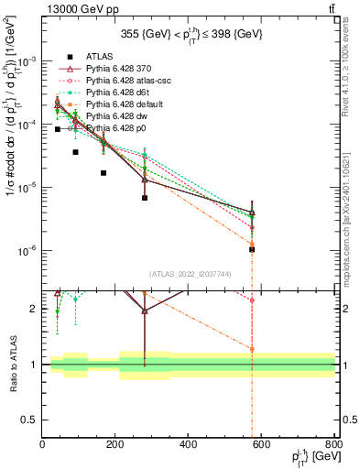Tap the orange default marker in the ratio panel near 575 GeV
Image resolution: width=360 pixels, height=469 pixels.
point(252,349)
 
